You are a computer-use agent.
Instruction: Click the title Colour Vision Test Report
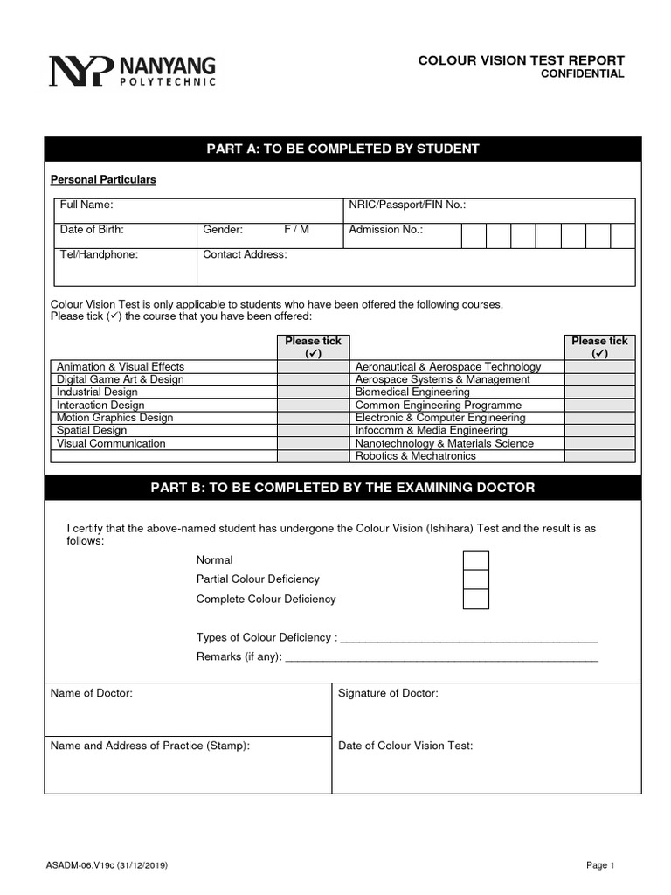(521, 59)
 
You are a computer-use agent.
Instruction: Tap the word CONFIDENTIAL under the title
(584, 74)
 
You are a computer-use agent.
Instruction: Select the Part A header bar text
(342, 149)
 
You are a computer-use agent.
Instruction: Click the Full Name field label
(86, 205)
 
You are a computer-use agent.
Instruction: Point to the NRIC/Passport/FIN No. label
(407, 205)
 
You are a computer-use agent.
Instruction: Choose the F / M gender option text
(296, 230)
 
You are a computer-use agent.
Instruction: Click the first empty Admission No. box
(474, 236)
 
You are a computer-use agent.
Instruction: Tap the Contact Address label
(245, 255)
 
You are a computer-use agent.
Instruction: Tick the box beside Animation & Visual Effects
(312, 367)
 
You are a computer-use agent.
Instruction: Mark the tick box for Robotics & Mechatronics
(599, 456)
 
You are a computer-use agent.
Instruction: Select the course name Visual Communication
(111, 443)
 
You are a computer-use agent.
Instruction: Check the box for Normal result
(475, 560)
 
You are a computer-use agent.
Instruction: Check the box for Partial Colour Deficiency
(475, 579)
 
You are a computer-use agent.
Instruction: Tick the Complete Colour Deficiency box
(475, 600)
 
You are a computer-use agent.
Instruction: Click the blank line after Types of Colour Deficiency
(467, 638)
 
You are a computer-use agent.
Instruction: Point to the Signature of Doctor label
(388, 693)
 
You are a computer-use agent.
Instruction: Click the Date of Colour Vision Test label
(405, 746)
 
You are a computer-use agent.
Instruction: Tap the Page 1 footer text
(600, 865)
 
